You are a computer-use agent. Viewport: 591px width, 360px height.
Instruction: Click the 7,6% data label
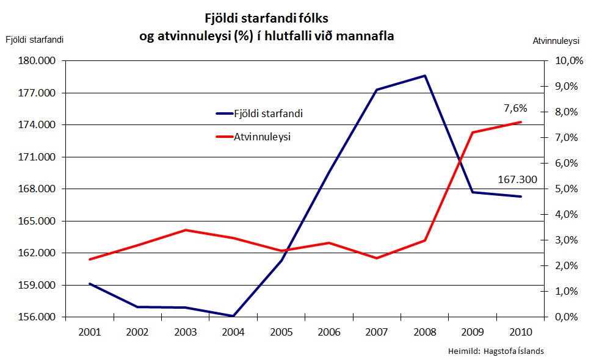coord(515,109)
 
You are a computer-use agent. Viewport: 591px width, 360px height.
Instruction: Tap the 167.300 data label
coord(518,179)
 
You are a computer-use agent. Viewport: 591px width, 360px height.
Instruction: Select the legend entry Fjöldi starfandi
coord(268,113)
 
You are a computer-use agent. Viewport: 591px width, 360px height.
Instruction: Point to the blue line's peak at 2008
coord(424,76)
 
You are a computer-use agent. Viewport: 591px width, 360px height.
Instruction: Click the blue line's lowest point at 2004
coord(233,316)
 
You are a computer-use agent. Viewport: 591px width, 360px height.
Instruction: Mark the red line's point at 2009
coord(473,132)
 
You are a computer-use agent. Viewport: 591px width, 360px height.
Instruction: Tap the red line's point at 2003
coord(186,230)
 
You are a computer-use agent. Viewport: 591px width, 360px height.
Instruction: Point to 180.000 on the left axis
coord(36,61)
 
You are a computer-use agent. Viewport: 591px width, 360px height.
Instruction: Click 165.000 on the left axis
coord(36,221)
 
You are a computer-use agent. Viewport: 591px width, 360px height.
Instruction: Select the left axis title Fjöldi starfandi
coord(35,40)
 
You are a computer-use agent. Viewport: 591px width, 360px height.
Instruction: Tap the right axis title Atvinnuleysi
coord(555,41)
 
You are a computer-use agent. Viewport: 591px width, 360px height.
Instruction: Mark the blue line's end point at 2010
coord(521,196)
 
